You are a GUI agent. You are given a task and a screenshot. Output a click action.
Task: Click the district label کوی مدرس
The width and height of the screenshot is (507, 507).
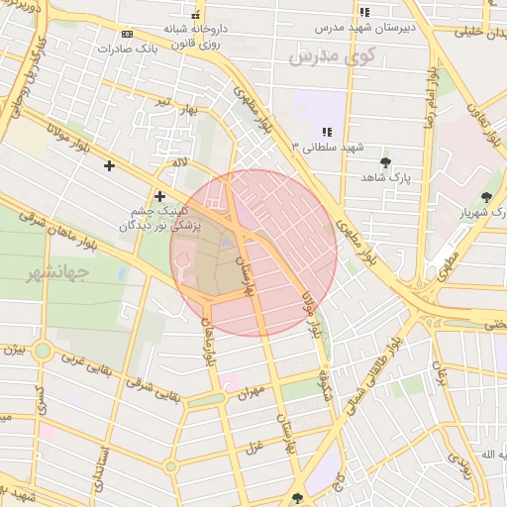(334, 57)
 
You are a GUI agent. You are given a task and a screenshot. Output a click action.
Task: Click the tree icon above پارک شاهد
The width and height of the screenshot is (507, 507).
(385, 162)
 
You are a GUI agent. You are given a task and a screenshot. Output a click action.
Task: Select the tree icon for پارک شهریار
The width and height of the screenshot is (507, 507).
(486, 197)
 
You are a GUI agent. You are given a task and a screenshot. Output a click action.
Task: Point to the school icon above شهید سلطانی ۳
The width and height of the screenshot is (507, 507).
(327, 132)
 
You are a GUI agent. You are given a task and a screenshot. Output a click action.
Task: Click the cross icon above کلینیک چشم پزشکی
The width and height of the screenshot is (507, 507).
(159, 197)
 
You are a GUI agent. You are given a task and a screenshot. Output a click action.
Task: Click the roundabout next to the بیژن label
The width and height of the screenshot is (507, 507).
(42, 351)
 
